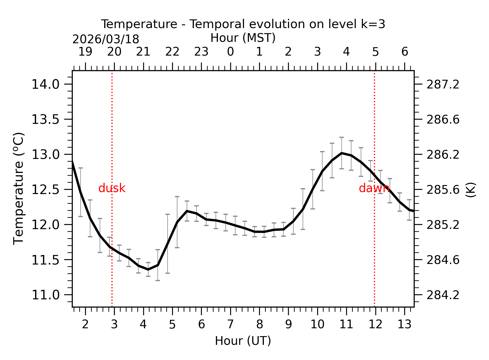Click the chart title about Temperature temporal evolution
click(x=243, y=24)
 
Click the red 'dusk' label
click(x=112, y=188)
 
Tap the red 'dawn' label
click(x=374, y=188)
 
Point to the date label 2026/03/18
click(x=106, y=39)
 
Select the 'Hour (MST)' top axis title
click(x=243, y=38)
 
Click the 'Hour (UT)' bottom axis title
click(x=243, y=341)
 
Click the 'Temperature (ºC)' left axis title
click(x=19, y=188)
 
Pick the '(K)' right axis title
click(x=470, y=190)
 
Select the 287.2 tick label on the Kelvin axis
click(x=443, y=84)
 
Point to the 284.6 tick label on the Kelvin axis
click(x=443, y=260)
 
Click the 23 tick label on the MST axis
click(x=201, y=52)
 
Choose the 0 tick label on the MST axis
click(x=230, y=52)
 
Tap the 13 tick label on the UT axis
click(x=405, y=324)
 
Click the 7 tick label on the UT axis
click(x=230, y=324)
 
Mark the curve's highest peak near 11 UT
click(x=342, y=153)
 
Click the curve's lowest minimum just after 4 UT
click(x=148, y=270)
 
